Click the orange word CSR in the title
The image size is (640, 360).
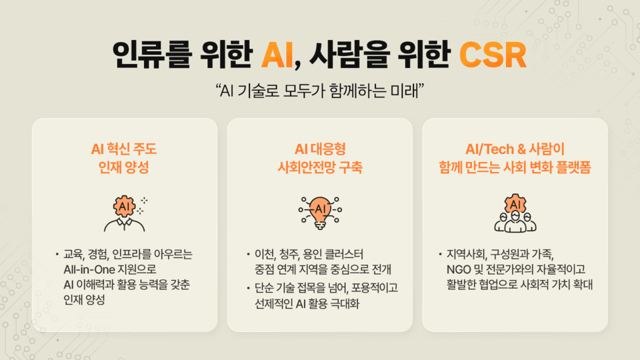click(x=493, y=55)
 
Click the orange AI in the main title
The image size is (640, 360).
click(x=277, y=55)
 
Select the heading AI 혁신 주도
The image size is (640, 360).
click(x=125, y=149)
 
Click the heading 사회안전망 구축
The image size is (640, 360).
click(x=319, y=167)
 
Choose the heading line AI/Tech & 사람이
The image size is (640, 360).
click(x=515, y=149)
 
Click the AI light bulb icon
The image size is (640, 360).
click(x=319, y=212)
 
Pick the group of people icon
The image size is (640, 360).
click(x=515, y=213)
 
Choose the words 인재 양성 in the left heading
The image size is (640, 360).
click(x=125, y=167)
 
